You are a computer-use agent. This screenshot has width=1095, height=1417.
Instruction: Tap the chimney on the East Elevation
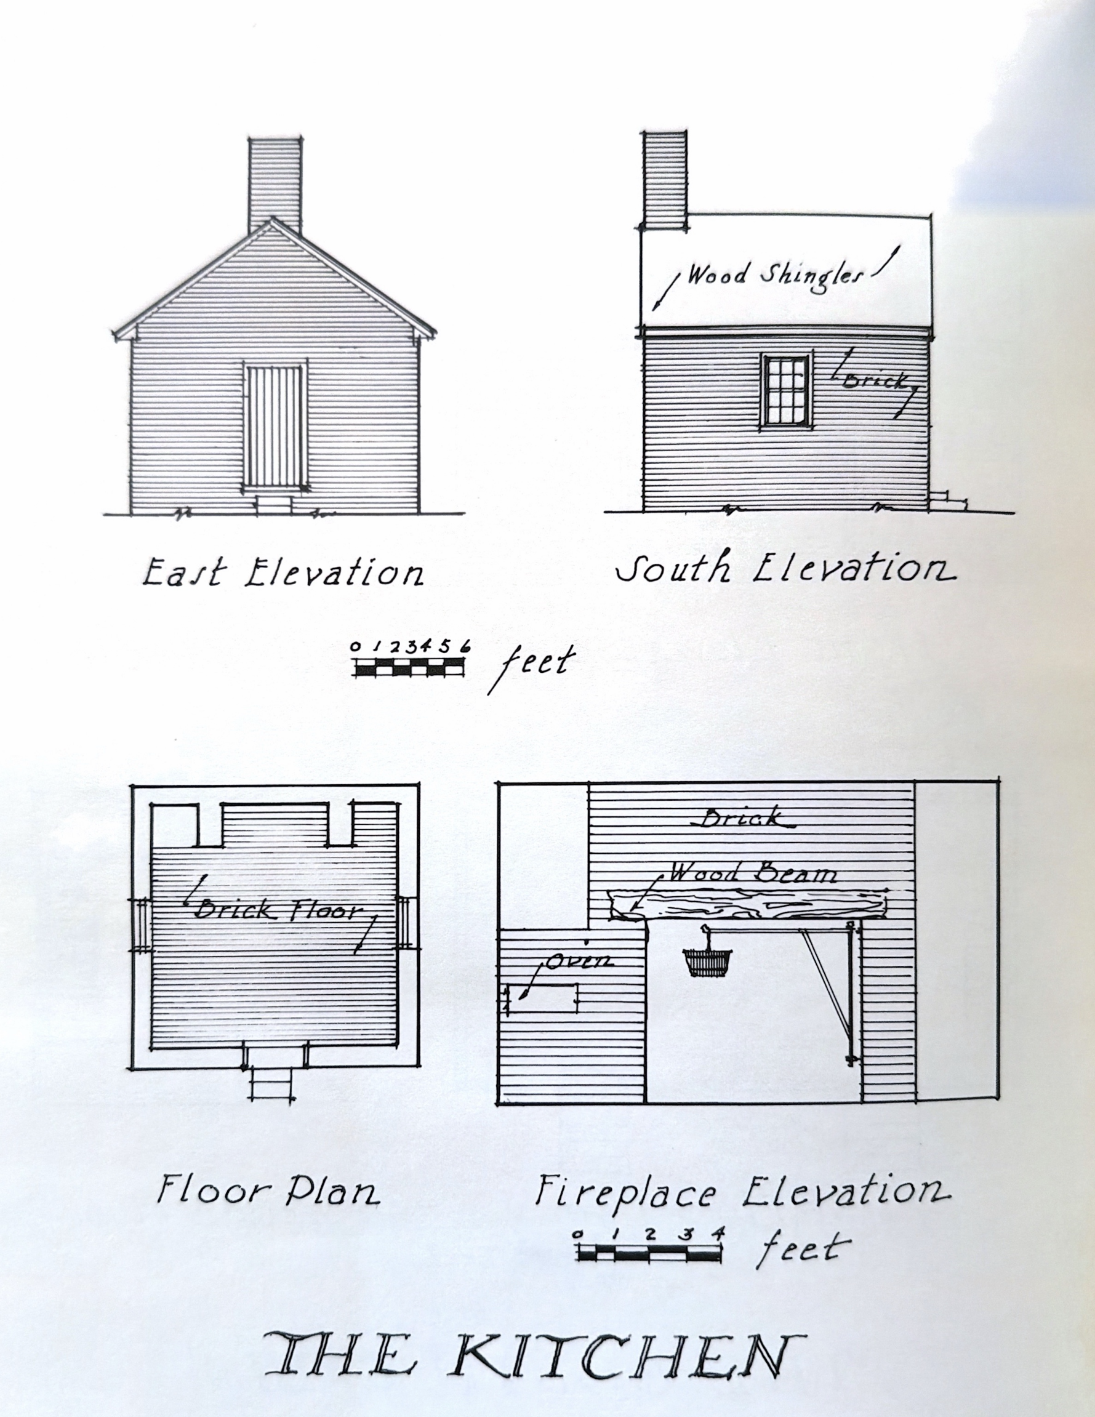point(275,185)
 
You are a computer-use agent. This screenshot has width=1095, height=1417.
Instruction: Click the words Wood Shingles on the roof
point(776,275)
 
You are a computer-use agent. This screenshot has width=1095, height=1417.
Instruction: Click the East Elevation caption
point(283,572)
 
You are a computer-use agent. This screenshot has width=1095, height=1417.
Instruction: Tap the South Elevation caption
point(785,568)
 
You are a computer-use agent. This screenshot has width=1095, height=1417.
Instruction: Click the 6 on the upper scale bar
point(465,646)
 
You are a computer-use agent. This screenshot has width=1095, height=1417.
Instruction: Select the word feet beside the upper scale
point(534,665)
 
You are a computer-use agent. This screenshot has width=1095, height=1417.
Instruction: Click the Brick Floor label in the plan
point(277,910)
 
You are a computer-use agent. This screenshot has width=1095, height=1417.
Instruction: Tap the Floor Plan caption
point(268,1190)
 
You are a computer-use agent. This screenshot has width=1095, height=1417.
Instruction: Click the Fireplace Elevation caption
point(742,1192)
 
